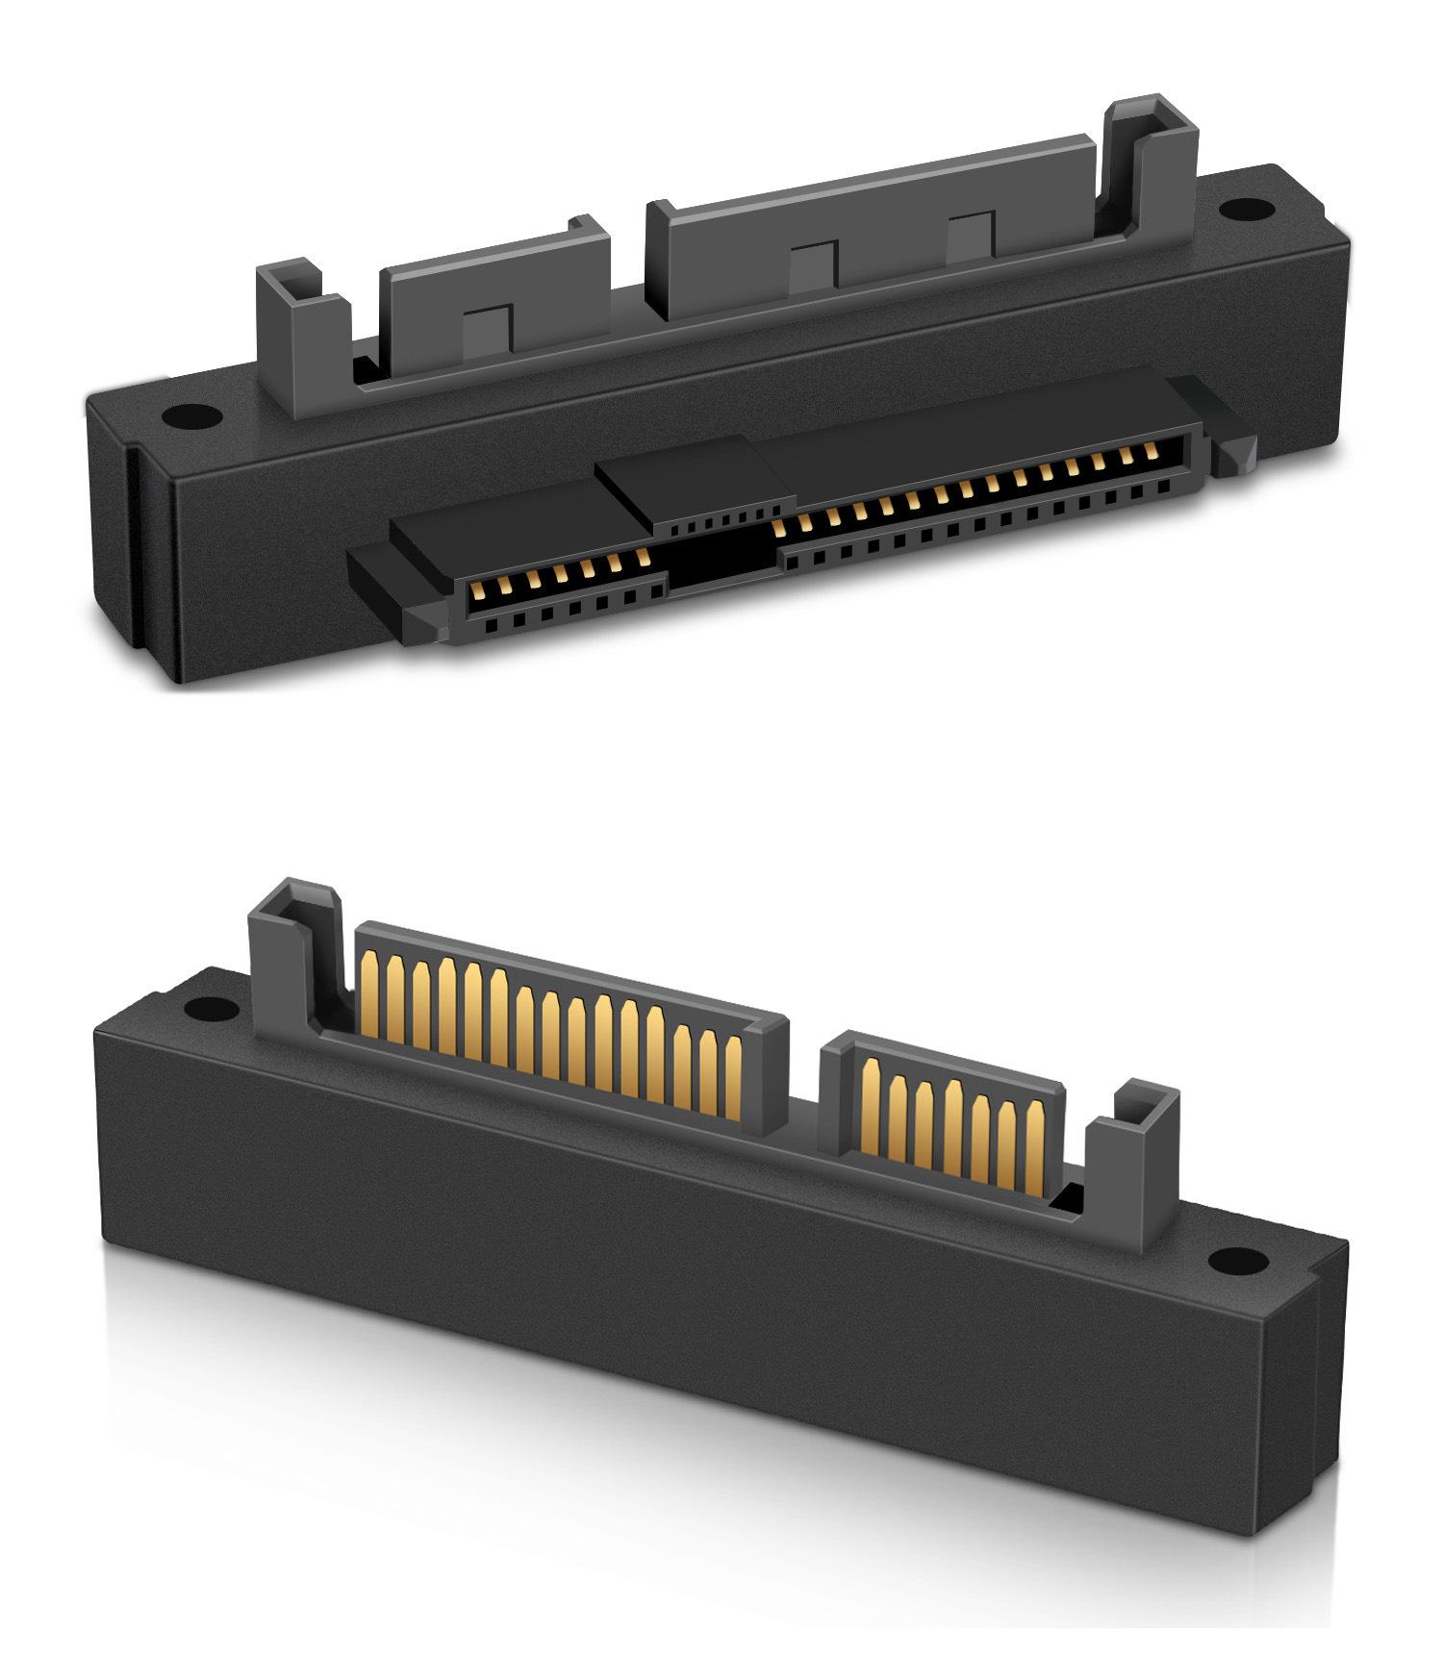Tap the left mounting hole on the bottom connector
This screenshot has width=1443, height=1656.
click(x=205, y=1009)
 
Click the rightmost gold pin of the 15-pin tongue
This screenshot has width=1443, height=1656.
click(x=733, y=1077)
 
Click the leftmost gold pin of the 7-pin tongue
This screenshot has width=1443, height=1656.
click(x=872, y=1106)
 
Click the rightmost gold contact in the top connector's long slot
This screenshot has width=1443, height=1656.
click(x=1149, y=451)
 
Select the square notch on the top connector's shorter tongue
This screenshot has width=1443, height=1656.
click(x=486, y=332)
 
